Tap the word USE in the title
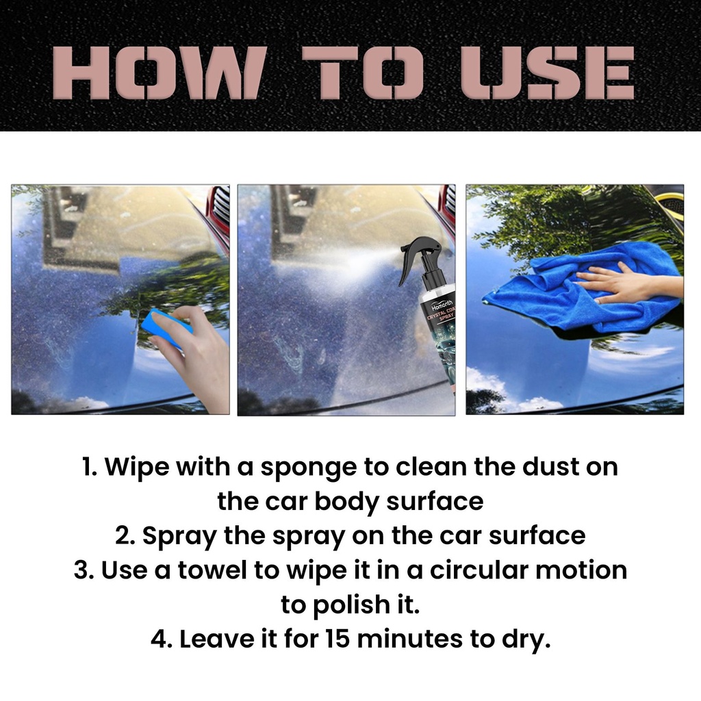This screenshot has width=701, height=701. click(x=547, y=73)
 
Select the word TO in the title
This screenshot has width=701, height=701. click(x=361, y=73)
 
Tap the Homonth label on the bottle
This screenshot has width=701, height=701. click(x=442, y=306)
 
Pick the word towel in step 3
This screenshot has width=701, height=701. click(x=212, y=570)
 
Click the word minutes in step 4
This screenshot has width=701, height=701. click(x=409, y=639)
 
